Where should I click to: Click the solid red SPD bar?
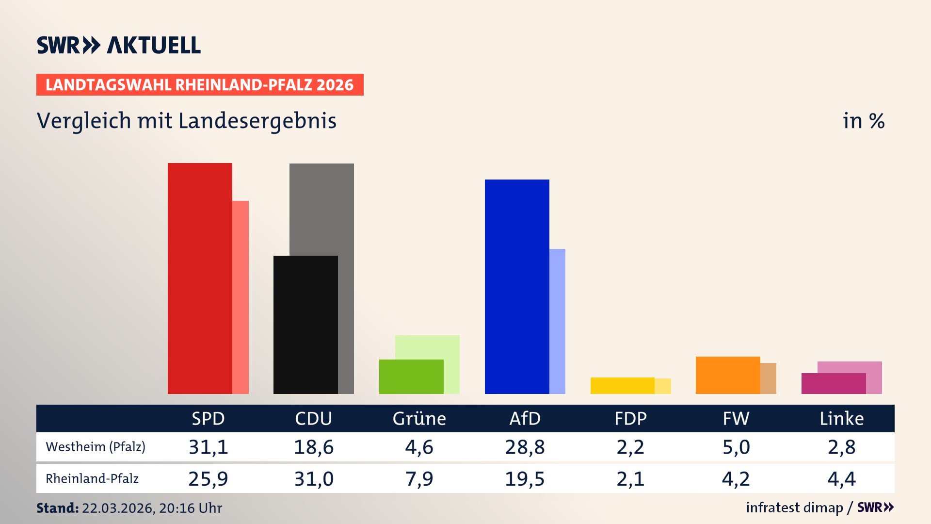point(200,278)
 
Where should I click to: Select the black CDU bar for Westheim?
point(305,325)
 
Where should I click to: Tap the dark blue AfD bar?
point(517,286)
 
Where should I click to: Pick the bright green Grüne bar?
point(411,377)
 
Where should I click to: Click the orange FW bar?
point(728,375)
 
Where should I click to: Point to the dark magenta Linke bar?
point(834,383)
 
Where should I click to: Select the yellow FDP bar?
point(622,386)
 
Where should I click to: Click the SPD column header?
point(208,418)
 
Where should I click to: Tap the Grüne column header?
point(419,418)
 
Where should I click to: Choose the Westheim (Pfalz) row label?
point(96,446)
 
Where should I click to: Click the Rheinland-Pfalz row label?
point(92,478)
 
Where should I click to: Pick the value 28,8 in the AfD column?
point(525,447)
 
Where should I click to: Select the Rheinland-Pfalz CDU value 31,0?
point(314,479)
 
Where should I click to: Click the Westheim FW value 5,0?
point(736,447)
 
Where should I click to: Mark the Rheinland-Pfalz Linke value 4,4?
point(841,479)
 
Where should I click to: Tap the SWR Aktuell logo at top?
point(119,45)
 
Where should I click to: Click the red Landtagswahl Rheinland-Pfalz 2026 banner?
point(200,84)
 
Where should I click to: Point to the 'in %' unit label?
point(863,121)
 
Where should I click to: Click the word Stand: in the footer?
point(57,508)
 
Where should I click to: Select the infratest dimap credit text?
point(794,508)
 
